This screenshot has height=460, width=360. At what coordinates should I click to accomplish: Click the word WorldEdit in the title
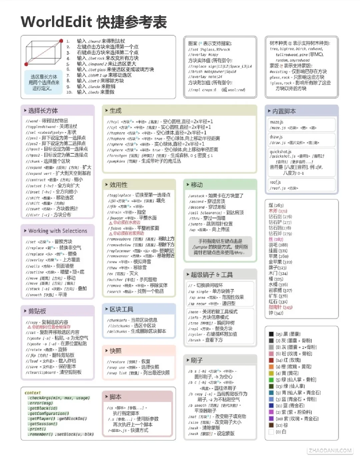tap(56, 22)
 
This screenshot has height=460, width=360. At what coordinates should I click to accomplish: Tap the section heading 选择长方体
tap(43, 111)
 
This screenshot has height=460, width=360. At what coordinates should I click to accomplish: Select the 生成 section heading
tap(115, 111)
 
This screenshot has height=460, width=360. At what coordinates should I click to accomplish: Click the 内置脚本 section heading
tap(284, 111)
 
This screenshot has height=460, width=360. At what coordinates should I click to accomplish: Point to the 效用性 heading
tap(118, 185)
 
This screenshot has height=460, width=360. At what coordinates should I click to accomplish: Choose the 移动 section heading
tap(197, 185)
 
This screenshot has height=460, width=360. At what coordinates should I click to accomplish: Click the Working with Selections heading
tap(57, 231)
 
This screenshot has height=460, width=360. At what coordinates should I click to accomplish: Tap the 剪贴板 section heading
tap(37, 311)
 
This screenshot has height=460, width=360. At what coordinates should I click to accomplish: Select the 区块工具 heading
tap(121, 309)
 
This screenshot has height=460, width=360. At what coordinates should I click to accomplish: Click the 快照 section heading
tap(115, 351)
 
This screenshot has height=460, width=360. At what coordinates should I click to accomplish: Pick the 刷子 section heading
tap(196, 360)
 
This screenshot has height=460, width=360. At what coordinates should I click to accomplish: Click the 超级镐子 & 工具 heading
tap(211, 275)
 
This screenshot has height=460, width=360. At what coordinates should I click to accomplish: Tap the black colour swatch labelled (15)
tap(271, 334)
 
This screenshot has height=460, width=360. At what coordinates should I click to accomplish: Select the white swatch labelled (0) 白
tap(271, 432)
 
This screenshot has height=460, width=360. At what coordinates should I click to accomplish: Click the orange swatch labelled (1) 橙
tap(271, 367)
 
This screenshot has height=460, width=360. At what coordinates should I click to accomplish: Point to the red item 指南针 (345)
tap(280, 307)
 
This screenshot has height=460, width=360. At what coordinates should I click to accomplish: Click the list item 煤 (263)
tap(276, 205)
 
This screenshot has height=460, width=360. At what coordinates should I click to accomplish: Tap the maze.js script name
tap(276, 122)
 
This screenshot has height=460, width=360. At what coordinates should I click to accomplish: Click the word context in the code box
tap(33, 393)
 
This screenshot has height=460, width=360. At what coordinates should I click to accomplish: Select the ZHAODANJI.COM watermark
tap(330, 451)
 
